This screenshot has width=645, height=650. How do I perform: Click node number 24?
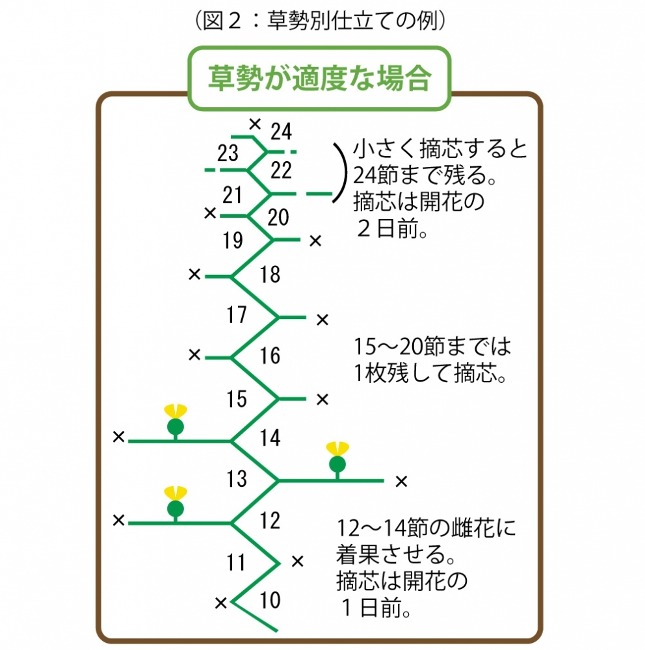click(282, 131)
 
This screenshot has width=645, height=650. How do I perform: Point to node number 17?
click(237, 315)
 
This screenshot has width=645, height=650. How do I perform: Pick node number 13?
click(237, 479)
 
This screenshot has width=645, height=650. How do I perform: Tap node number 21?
click(232, 194)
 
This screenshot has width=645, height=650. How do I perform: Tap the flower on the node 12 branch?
click(174, 503)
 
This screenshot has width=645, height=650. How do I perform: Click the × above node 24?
click(255, 122)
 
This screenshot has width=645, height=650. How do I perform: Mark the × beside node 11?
click(297, 560)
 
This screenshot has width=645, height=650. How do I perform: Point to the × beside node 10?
click(221, 603)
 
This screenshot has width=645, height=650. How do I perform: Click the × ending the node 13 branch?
click(401, 482)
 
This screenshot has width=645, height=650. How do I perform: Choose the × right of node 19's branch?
click(315, 241)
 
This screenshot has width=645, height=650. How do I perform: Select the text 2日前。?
click(391, 231)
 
